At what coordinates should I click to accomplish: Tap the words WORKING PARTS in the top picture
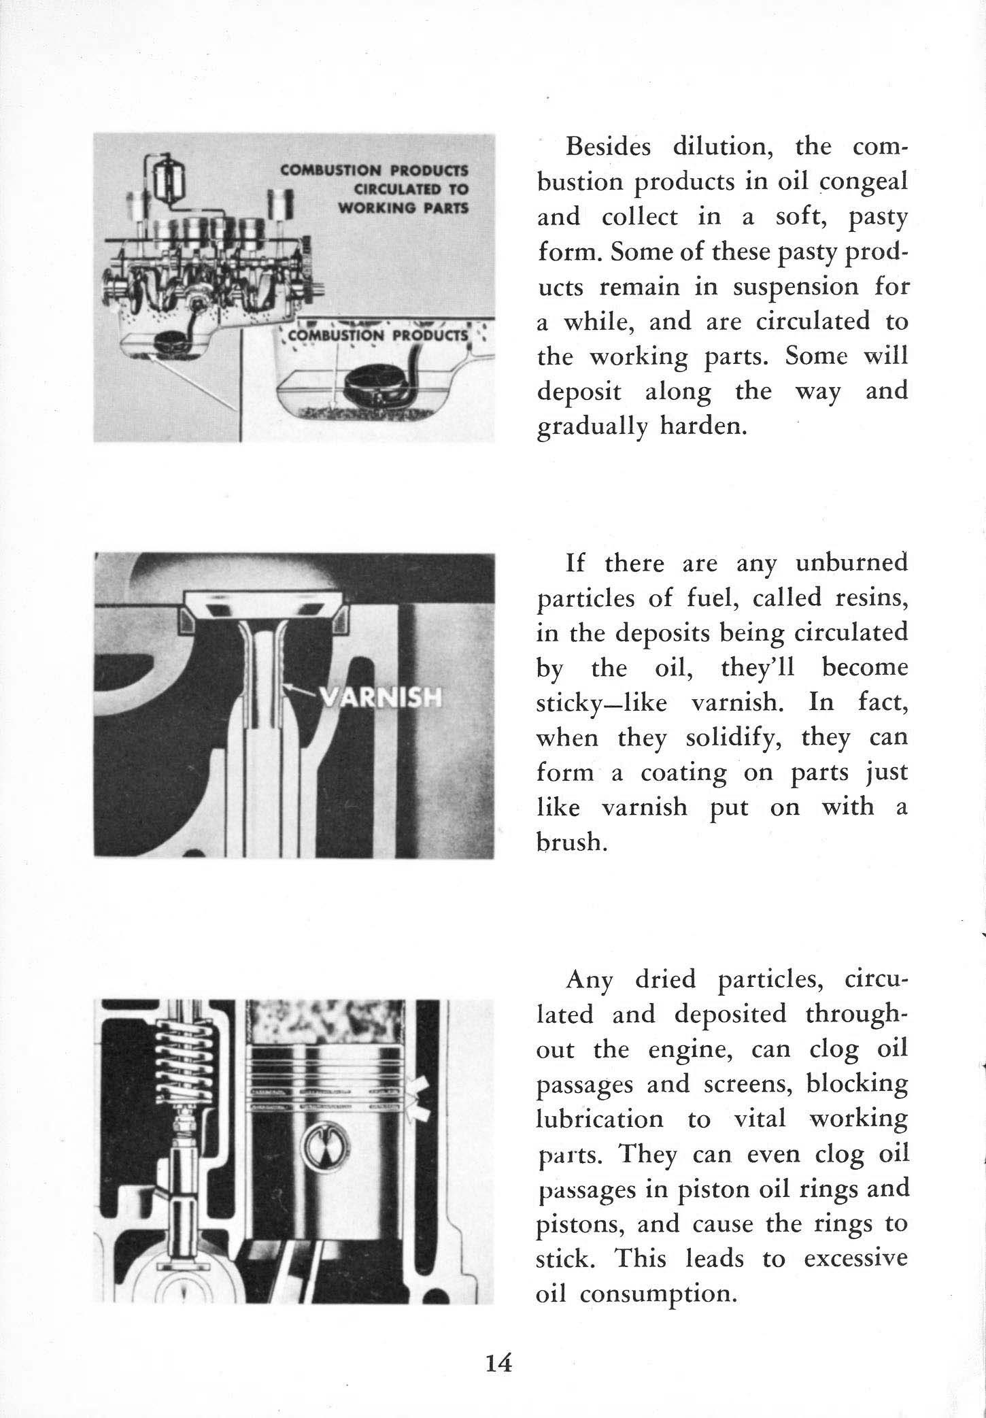coord(403,208)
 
